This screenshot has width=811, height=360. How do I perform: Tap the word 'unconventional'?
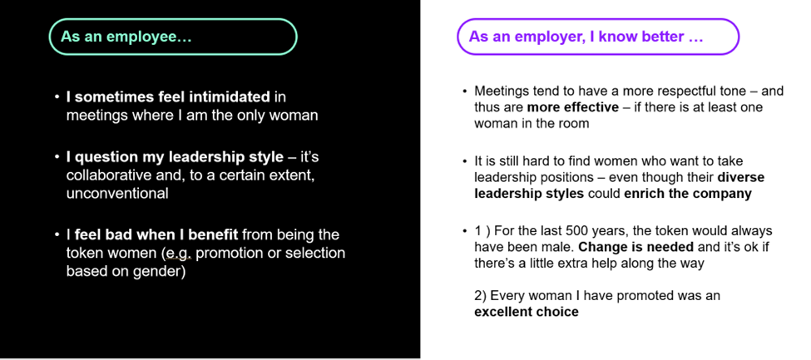click(117, 194)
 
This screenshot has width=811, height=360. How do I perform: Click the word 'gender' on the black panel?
click(160, 273)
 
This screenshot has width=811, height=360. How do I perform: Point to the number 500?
click(575, 230)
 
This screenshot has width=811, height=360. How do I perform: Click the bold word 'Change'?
click(600, 247)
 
